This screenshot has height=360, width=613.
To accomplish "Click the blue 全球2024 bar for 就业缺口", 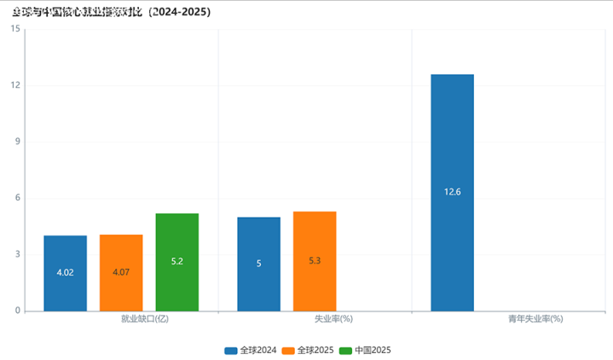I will tap(66, 273).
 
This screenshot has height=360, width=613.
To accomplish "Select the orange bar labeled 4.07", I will tap(121, 272).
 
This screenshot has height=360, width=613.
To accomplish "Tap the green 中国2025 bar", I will tap(176, 262).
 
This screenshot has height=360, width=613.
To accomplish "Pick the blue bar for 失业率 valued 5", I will tap(258, 264).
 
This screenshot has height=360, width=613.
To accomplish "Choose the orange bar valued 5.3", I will tap(315, 261).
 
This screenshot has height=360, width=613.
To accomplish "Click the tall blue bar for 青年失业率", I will tap(452, 192).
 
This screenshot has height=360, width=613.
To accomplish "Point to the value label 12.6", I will tap(452, 192).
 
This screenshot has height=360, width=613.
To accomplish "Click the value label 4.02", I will tap(66, 272).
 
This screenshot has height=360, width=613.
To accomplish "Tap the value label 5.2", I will tap(176, 261).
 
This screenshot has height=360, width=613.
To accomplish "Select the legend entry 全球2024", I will tap(251, 351).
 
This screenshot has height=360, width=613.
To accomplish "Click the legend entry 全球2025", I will tap(308, 351).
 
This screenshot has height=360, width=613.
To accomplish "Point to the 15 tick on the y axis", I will tap(15, 30).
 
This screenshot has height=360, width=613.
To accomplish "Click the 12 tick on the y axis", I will tap(15, 86).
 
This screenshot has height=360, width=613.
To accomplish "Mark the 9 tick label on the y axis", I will tap(17, 142).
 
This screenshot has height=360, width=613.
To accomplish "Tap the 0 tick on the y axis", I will tap(17, 311).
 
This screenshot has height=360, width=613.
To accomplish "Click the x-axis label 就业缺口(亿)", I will tap(146, 319).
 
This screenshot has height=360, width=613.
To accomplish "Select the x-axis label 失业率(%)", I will tap(334, 319).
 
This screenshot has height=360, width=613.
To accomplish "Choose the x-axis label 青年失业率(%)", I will tap(530, 319).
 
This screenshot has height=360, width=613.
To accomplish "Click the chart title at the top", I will tap(112, 13).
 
